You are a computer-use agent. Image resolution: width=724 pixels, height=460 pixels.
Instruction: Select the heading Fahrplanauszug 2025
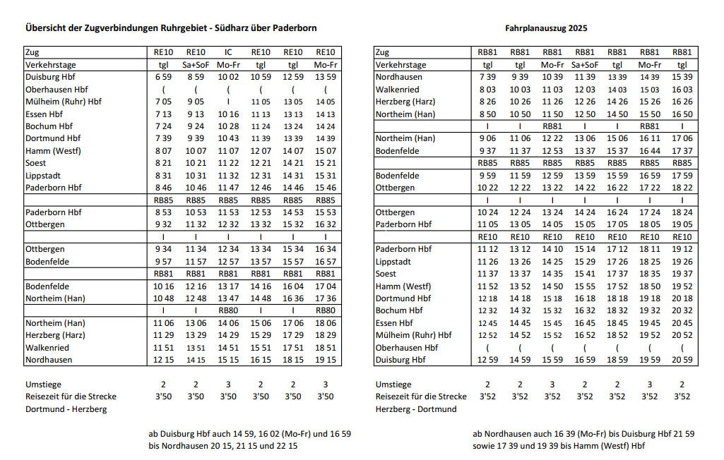(546, 29)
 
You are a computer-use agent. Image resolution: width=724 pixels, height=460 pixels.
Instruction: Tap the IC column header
(228, 52)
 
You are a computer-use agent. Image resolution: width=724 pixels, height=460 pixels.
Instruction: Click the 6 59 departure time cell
(163, 77)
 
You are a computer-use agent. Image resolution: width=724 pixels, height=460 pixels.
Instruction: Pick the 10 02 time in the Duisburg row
(228, 77)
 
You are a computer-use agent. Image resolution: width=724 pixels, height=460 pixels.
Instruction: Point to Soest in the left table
(36, 163)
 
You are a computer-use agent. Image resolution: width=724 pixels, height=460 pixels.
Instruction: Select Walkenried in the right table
(397, 90)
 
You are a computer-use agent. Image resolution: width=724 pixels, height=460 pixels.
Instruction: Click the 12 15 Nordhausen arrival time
(163, 360)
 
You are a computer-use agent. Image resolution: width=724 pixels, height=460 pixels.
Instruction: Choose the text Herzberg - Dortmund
(416, 409)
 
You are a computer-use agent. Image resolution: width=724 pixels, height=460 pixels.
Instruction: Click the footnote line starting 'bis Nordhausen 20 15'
(222, 446)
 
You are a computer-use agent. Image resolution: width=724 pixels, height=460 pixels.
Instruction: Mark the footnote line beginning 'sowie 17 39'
(559, 446)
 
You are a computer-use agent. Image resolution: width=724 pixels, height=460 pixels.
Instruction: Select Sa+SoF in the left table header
(196, 65)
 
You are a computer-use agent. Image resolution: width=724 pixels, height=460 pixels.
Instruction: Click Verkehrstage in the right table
(400, 65)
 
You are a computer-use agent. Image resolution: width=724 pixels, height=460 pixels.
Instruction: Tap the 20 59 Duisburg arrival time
(682, 360)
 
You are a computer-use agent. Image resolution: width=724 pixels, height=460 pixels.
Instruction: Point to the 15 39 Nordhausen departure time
(682, 77)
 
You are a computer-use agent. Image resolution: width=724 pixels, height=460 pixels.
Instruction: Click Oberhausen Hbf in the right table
(406, 348)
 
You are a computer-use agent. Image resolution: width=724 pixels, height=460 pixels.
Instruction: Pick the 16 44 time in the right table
(649, 151)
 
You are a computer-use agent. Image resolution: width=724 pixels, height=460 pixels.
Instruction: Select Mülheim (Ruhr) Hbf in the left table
(63, 102)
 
